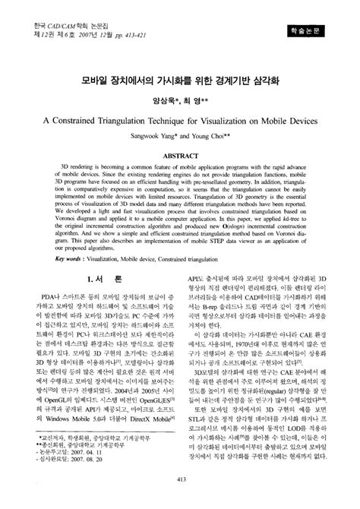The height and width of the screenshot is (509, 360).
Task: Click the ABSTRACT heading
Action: click(x=179, y=155)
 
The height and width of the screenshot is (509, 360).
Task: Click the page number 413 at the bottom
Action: click(x=180, y=498)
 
